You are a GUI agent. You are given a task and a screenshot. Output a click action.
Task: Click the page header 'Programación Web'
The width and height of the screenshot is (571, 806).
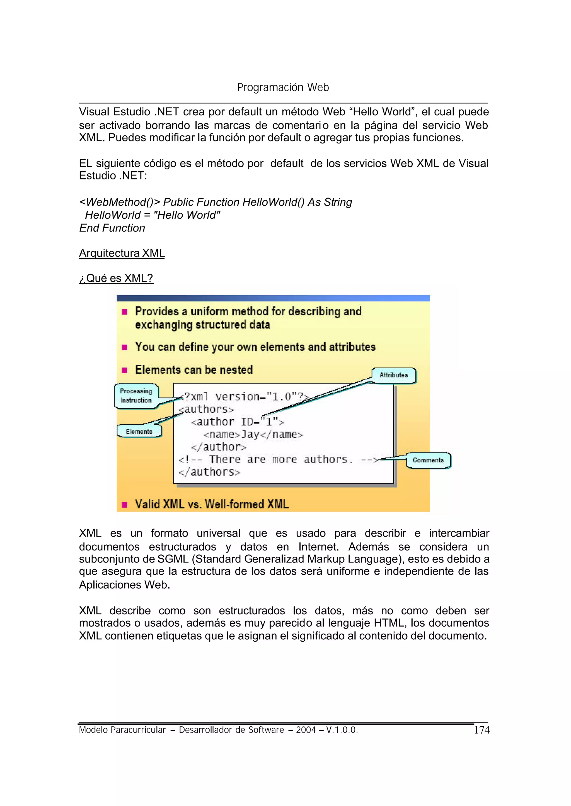pyautogui.click(x=283, y=87)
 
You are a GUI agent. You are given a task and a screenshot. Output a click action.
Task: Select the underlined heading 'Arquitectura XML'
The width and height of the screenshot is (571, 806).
pyautogui.click(x=122, y=253)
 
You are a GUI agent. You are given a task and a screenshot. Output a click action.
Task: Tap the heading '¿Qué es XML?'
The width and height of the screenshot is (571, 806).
pyautogui.click(x=116, y=278)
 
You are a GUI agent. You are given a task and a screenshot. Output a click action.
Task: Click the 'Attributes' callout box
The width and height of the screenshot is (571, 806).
pyautogui.click(x=393, y=375)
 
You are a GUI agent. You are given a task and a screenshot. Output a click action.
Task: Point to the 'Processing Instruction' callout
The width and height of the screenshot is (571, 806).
pyautogui.click(x=136, y=396)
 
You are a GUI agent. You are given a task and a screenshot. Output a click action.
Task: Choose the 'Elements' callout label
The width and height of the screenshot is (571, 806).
pyautogui.click(x=139, y=432)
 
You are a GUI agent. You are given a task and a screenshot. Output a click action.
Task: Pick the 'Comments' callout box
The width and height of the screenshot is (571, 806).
pyautogui.click(x=428, y=460)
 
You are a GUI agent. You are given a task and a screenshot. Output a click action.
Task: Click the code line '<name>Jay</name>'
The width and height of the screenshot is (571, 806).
pyautogui.click(x=253, y=435)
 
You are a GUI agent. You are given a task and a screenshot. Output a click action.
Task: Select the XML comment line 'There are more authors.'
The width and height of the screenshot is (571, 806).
pyautogui.click(x=278, y=460)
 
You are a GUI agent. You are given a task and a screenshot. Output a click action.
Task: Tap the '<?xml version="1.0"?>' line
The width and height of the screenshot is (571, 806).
pyautogui.click(x=245, y=397)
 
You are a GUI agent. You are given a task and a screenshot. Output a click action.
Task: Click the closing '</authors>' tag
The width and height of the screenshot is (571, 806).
pyautogui.click(x=209, y=472)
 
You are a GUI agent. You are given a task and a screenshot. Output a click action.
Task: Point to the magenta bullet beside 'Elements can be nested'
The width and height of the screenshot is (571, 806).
pyautogui.click(x=124, y=370)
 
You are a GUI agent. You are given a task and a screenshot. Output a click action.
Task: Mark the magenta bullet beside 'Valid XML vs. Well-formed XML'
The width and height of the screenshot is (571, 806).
pyautogui.click(x=124, y=505)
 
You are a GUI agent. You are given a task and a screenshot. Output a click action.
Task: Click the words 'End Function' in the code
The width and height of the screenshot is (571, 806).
pyautogui.click(x=112, y=228)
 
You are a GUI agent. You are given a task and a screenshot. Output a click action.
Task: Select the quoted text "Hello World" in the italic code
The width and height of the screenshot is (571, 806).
pyautogui.click(x=187, y=215)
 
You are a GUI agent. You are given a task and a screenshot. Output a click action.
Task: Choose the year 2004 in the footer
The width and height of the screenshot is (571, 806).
pyautogui.click(x=306, y=730)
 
